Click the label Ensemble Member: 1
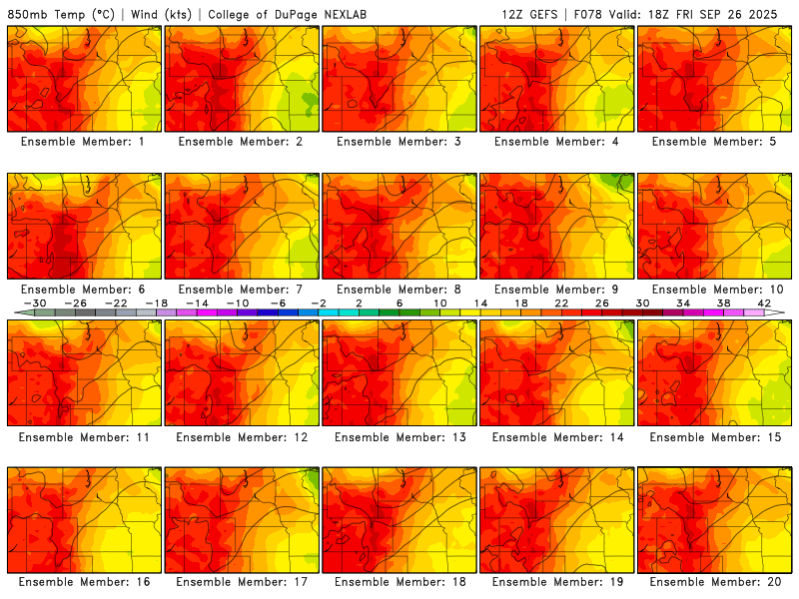click(82, 142)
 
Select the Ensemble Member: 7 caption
click(241, 289)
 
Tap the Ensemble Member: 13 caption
click(399, 436)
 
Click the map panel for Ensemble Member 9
click(557, 225)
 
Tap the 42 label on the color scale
click(763, 302)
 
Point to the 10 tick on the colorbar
click(439, 302)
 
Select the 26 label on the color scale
click(601, 302)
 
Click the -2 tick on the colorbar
click(319, 302)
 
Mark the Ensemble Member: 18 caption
click(399, 582)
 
